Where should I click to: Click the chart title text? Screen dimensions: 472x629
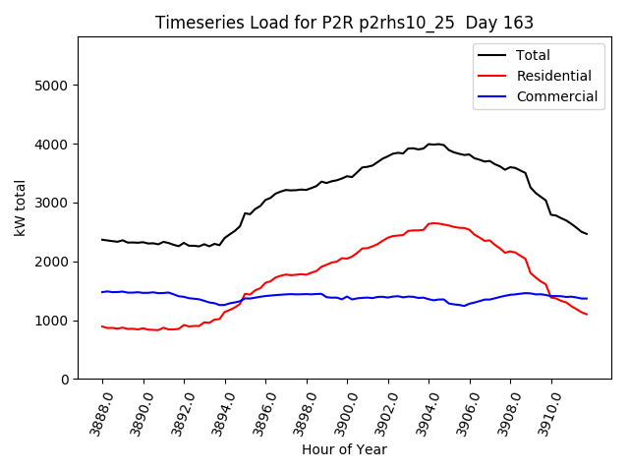[x=344, y=24]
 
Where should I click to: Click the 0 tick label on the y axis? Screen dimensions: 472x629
[x=65, y=380]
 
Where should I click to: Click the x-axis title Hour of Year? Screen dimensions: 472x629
[x=344, y=449]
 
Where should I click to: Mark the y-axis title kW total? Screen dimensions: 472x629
[x=20, y=208]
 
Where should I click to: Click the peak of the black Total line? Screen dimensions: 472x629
[x=430, y=144]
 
